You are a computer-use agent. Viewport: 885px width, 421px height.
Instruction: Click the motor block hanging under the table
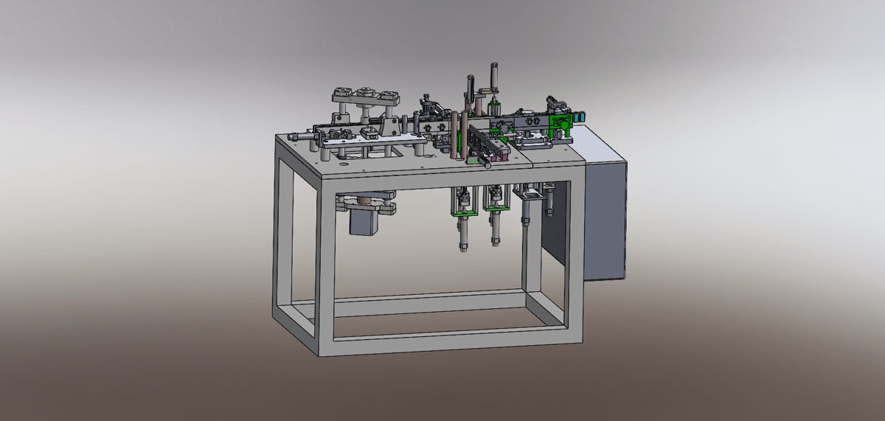364,220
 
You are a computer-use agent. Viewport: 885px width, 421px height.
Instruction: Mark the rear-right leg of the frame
529,243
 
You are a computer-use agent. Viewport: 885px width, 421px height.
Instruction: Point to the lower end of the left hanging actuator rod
462,246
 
